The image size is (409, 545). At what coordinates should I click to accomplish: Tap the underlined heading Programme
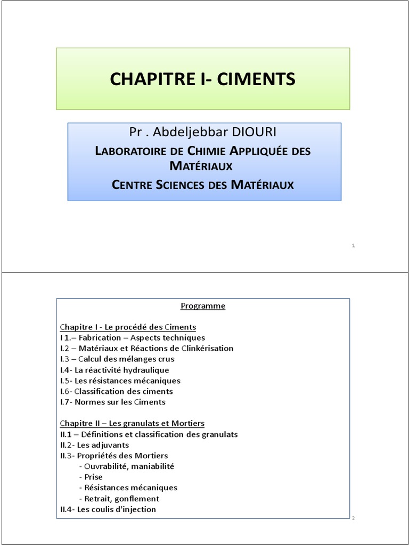tap(203, 306)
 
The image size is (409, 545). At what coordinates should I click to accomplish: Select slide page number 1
tap(354, 245)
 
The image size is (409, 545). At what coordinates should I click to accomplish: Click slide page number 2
tap(353, 517)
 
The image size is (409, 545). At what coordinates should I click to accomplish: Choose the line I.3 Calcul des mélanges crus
tap(117, 359)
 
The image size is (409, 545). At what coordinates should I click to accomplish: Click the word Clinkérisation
tap(206, 349)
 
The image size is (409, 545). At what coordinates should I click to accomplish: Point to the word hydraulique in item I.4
tap(145, 370)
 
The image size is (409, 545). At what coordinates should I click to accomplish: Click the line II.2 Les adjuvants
tap(94, 445)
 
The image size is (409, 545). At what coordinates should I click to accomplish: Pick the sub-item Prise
tap(93, 477)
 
